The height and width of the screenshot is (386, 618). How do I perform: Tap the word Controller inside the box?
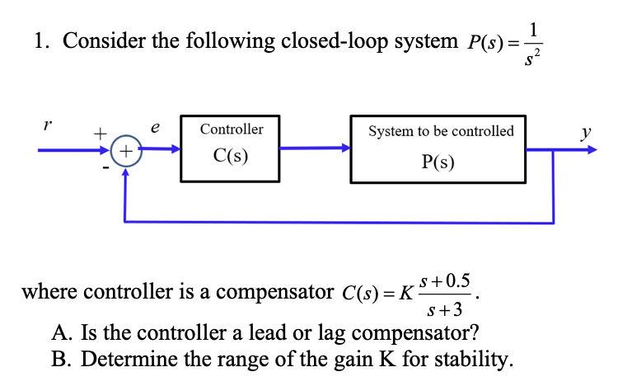[232, 129]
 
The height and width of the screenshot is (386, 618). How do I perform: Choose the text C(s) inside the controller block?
[231, 155]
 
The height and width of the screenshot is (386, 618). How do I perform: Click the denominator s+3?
[445, 309]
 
